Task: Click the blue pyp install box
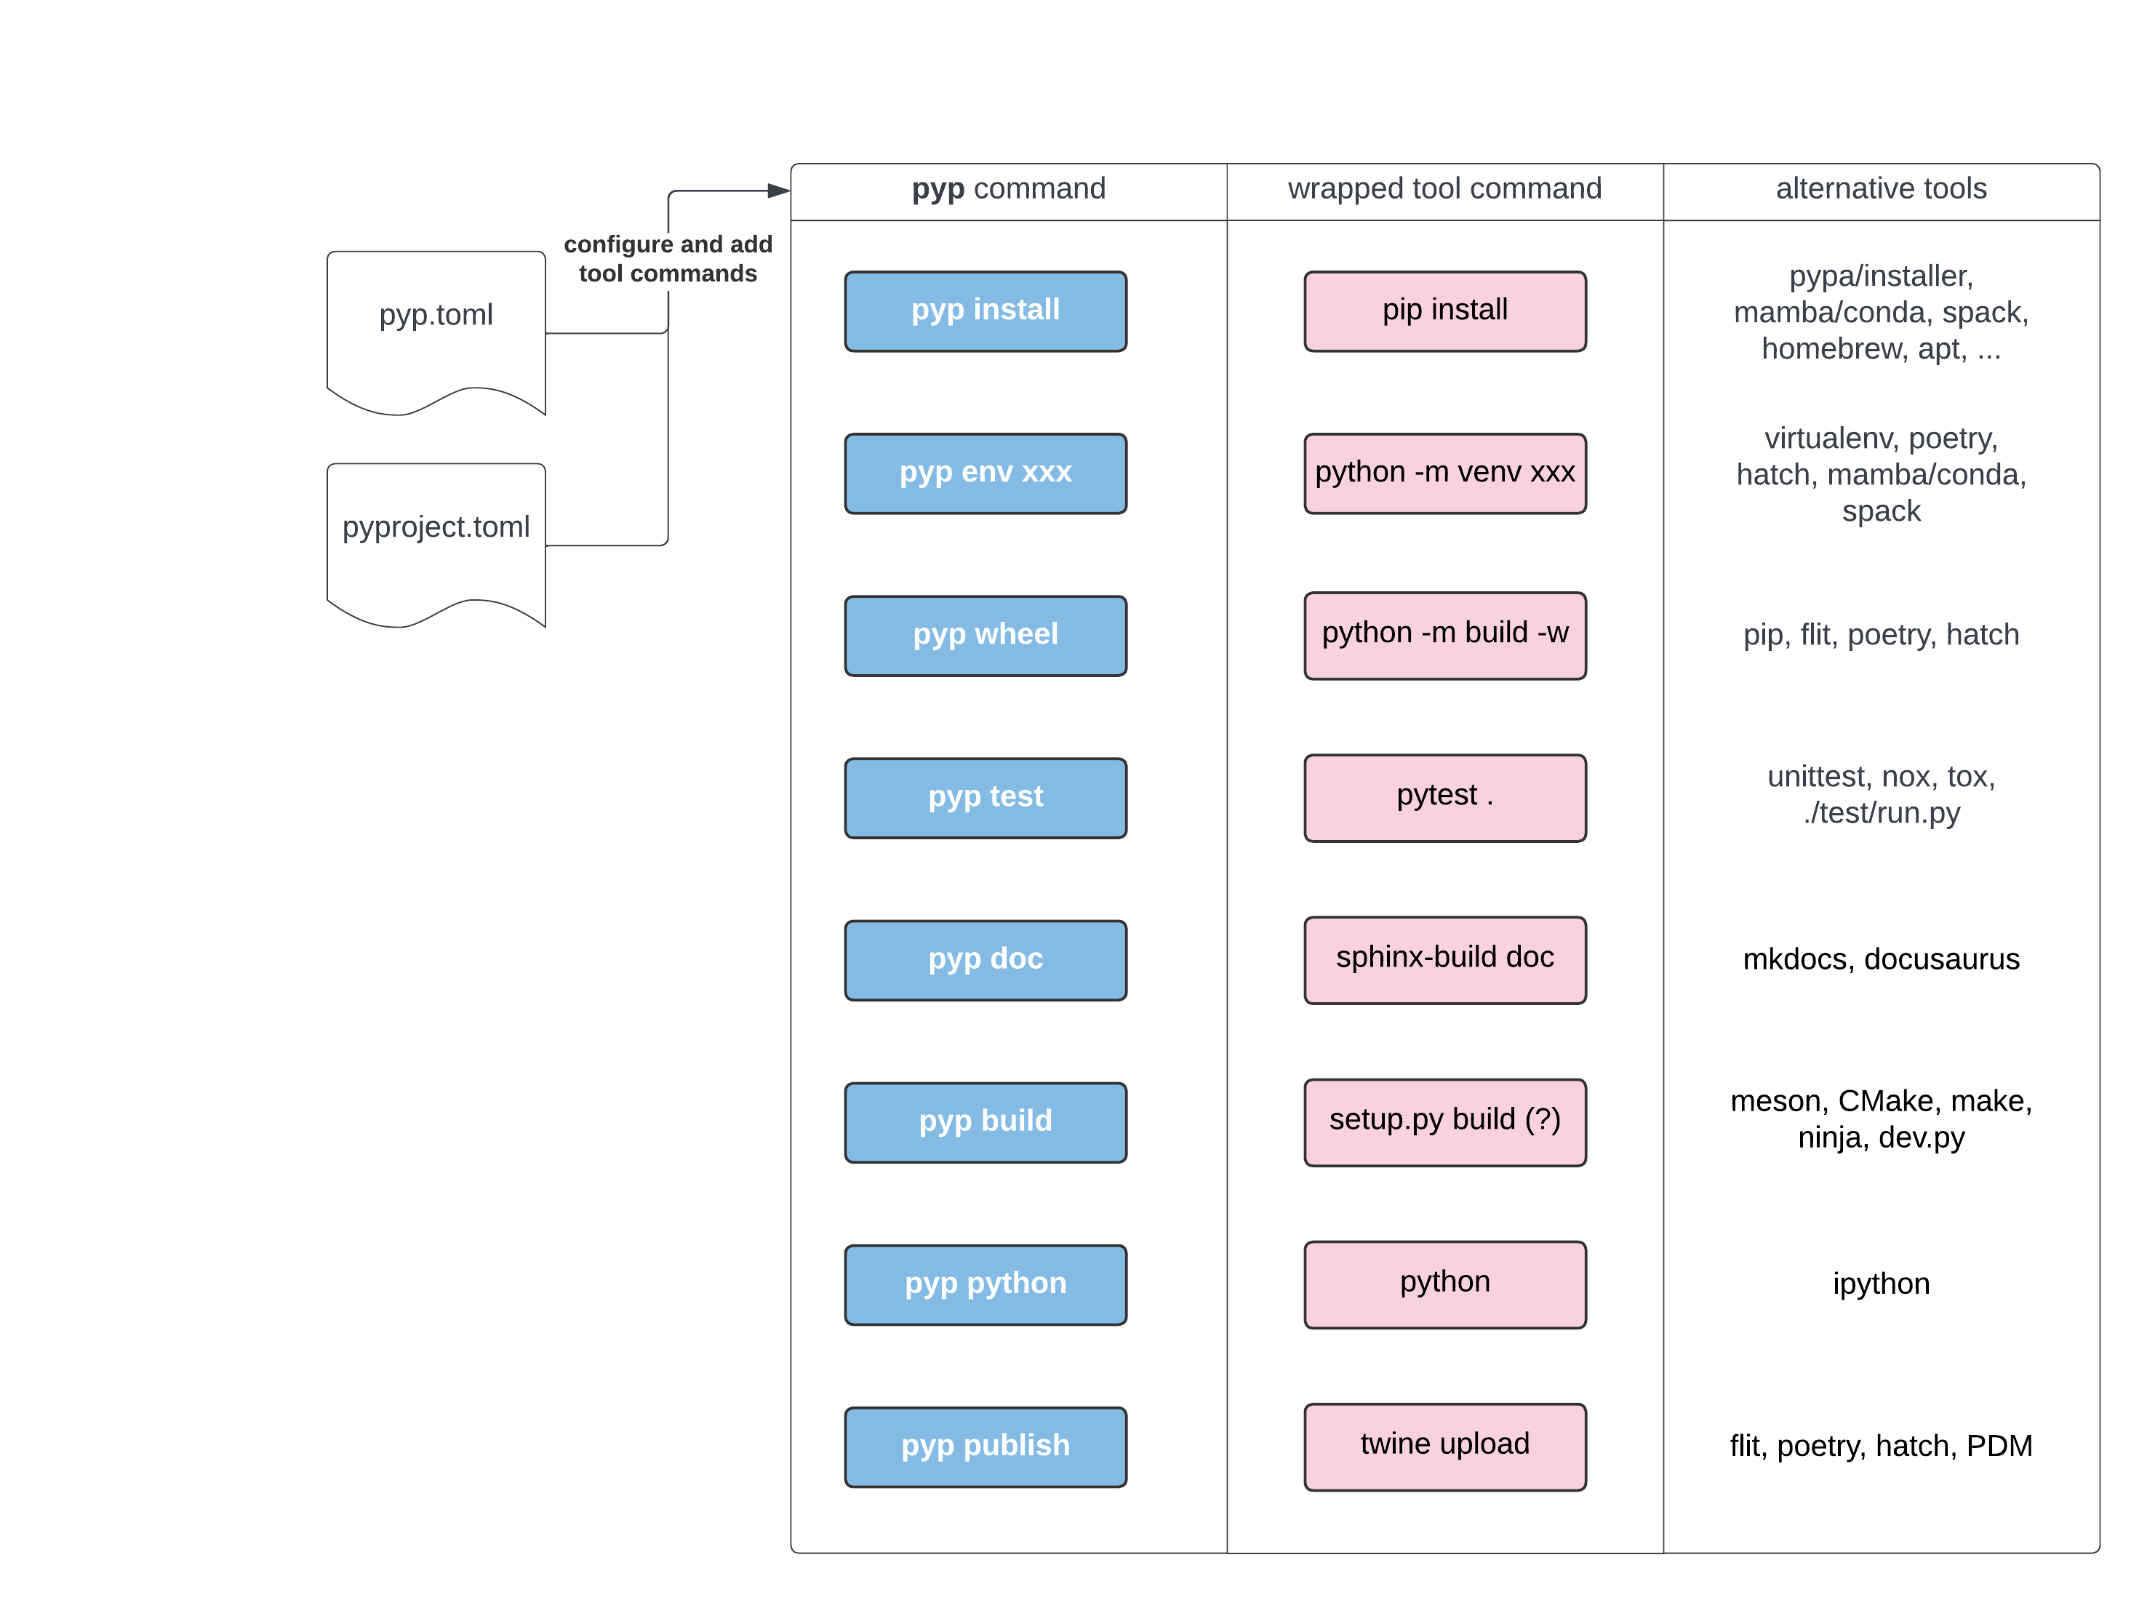click(985, 311)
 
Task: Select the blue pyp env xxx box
click(985, 473)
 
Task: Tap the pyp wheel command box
click(985, 635)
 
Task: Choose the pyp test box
click(985, 797)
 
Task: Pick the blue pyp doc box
click(985, 960)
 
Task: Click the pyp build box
click(985, 1121)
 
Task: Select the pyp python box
click(985, 1284)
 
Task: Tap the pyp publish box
click(985, 1447)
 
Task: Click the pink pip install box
click(1444, 311)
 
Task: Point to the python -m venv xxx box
click(1444, 473)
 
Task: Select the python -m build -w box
click(1444, 635)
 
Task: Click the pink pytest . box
click(1444, 797)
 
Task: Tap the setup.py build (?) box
click(1444, 1121)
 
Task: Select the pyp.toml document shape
click(436, 326)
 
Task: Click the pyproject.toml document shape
click(436, 538)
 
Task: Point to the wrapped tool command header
click(1444, 190)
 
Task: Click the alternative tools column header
click(1881, 190)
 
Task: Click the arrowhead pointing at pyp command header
click(779, 191)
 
